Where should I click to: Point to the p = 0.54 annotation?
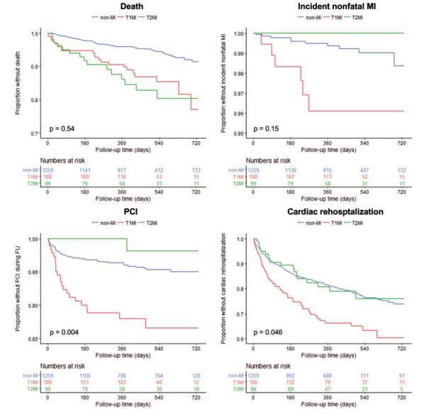pyautogui.click(x=62, y=128)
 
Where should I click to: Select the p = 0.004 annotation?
pyautogui.click(x=64, y=334)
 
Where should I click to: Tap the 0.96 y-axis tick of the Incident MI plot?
pyautogui.click(x=240, y=114)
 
